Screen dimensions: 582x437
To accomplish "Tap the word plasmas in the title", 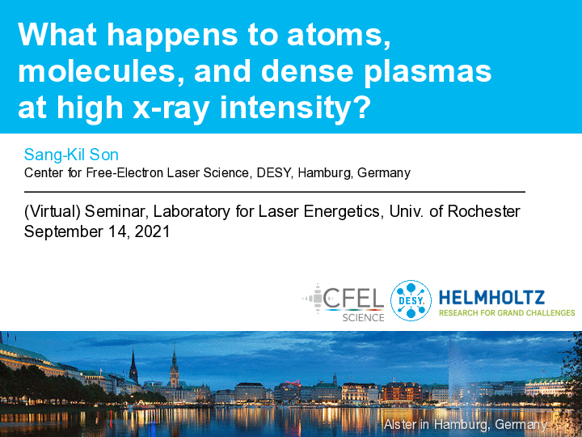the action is click(x=428, y=72).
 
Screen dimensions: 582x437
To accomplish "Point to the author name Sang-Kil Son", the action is click(x=71, y=155).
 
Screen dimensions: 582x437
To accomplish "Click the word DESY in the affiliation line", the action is click(x=274, y=173).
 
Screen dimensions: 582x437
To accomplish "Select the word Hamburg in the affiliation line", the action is click(x=325, y=173).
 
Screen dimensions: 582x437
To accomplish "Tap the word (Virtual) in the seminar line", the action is click(x=53, y=211).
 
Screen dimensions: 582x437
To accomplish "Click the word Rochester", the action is click(x=483, y=211).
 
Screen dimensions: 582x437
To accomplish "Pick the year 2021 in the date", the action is click(x=152, y=231).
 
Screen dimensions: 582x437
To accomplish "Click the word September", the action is click(x=64, y=232).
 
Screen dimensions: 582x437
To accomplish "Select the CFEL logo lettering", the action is click(x=353, y=299).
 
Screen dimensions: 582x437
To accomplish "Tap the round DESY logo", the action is click(x=411, y=300).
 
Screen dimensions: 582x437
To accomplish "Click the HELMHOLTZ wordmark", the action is click(x=491, y=298).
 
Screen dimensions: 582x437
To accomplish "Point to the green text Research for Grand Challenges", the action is click(x=507, y=313).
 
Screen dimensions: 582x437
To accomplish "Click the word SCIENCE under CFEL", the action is click(x=364, y=318).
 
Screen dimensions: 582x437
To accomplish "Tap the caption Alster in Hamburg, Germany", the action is click(x=466, y=424).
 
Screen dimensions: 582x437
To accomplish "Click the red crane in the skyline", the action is click(x=293, y=383).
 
